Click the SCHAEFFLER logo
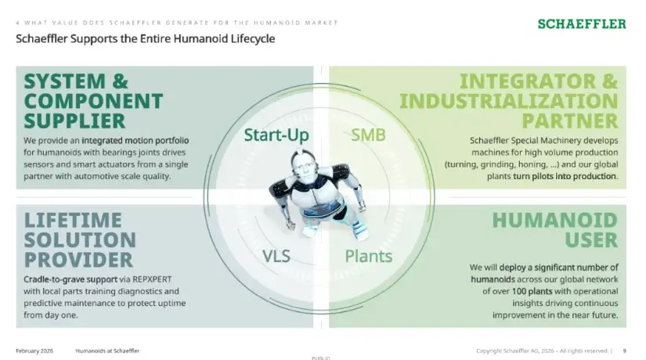[582, 24]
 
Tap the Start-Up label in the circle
[276, 135]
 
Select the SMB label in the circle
[368, 135]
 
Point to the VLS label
[276, 256]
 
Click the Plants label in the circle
[368, 256]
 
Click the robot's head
[304, 167]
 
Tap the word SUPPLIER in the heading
[74, 121]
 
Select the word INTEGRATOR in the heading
[528, 81]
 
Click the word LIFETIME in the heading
[73, 221]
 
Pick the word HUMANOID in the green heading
[555, 221]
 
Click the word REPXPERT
[152, 279]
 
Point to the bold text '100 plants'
[532, 291]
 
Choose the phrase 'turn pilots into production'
[565, 176]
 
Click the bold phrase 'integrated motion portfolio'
[135, 140]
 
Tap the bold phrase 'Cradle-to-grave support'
[70, 279]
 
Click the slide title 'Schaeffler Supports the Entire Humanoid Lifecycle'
[146, 38]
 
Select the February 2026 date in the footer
[34, 351]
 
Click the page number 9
[625, 351]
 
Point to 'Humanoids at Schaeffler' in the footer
[107, 351]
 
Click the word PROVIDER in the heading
[78, 261]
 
